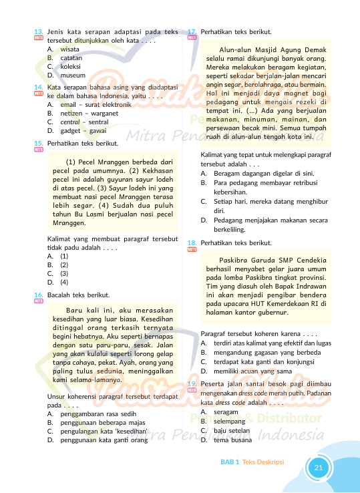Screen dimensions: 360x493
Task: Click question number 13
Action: (x=39, y=31)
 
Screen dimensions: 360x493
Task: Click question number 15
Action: (x=39, y=144)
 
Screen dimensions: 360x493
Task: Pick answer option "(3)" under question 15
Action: (x=64, y=273)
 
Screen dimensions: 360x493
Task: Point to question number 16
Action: (x=39, y=295)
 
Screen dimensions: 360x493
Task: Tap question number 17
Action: (x=192, y=31)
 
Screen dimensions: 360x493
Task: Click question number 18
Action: (x=192, y=242)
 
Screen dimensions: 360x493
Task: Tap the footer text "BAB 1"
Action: (x=230, y=462)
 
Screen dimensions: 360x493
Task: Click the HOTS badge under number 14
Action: (x=38, y=94)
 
